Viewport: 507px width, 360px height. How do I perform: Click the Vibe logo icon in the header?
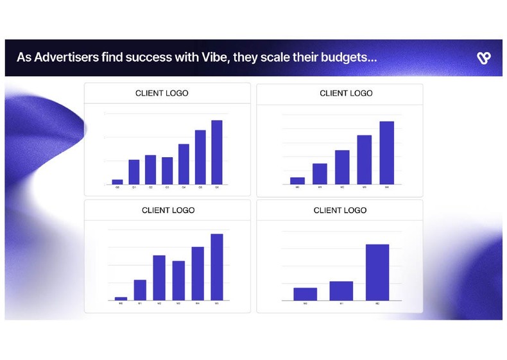click(x=484, y=58)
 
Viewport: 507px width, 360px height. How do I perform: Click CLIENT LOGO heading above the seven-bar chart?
click(x=162, y=93)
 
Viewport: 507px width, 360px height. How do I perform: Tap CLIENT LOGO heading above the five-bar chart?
click(x=346, y=93)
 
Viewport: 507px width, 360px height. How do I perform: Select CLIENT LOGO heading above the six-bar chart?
click(x=168, y=210)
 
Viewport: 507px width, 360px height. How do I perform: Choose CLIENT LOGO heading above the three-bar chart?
click(x=340, y=210)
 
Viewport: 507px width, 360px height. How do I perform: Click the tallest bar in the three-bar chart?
click(x=377, y=272)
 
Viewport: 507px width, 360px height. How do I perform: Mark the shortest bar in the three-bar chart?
click(x=305, y=294)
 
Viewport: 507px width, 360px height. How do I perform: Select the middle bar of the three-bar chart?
click(x=341, y=291)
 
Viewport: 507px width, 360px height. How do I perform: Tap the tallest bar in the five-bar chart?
click(x=386, y=153)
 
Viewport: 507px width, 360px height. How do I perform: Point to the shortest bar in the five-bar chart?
click(x=298, y=181)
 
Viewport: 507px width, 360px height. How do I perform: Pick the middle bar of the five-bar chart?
click(x=342, y=167)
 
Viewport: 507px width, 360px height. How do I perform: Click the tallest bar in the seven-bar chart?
click(x=217, y=152)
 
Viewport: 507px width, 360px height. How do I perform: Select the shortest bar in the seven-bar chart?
click(x=117, y=182)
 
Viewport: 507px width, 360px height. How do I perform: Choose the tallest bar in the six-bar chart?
click(x=217, y=267)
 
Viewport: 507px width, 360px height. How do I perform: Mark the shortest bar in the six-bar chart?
click(x=121, y=298)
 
